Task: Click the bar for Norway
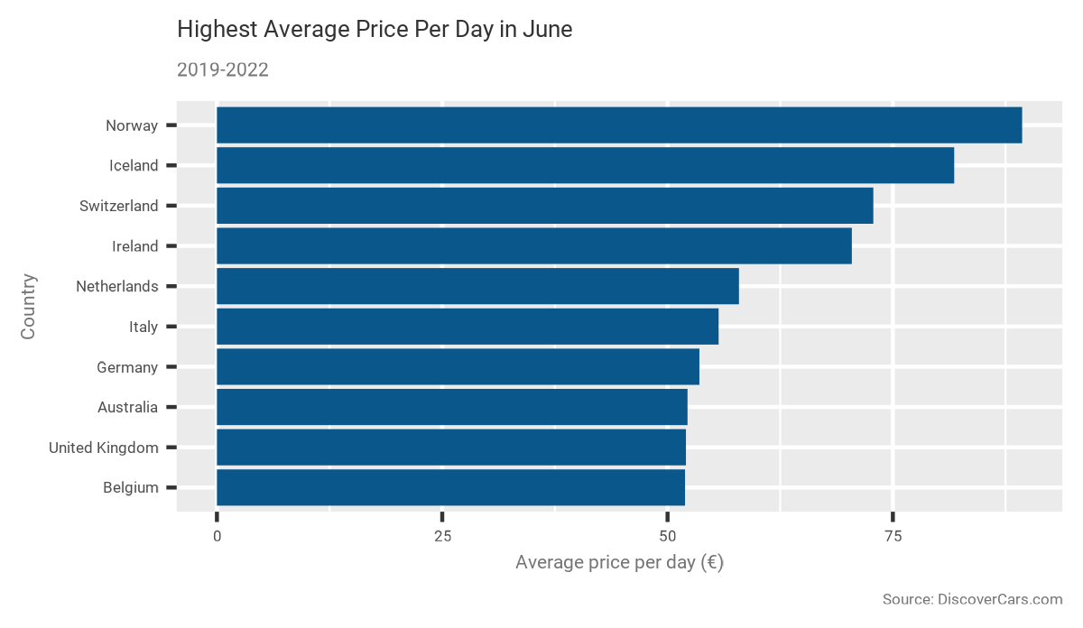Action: point(619,125)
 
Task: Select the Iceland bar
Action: point(585,165)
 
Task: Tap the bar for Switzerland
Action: point(545,206)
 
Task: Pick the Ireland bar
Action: point(534,246)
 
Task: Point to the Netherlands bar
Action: point(477,286)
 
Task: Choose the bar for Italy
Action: point(467,327)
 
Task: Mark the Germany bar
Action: point(458,367)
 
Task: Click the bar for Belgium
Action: point(450,487)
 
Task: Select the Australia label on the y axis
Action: point(127,408)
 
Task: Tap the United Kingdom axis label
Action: point(103,448)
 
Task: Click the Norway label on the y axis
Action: point(131,126)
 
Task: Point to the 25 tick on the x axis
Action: point(442,536)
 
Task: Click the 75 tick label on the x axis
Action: point(893,536)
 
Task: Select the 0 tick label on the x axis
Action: point(217,536)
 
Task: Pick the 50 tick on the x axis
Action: point(667,536)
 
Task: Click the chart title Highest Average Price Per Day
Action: point(375,30)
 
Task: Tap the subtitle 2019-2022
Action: point(222,70)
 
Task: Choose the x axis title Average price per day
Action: point(619,563)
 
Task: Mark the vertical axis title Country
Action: point(28,307)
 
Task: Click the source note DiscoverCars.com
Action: point(972,600)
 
